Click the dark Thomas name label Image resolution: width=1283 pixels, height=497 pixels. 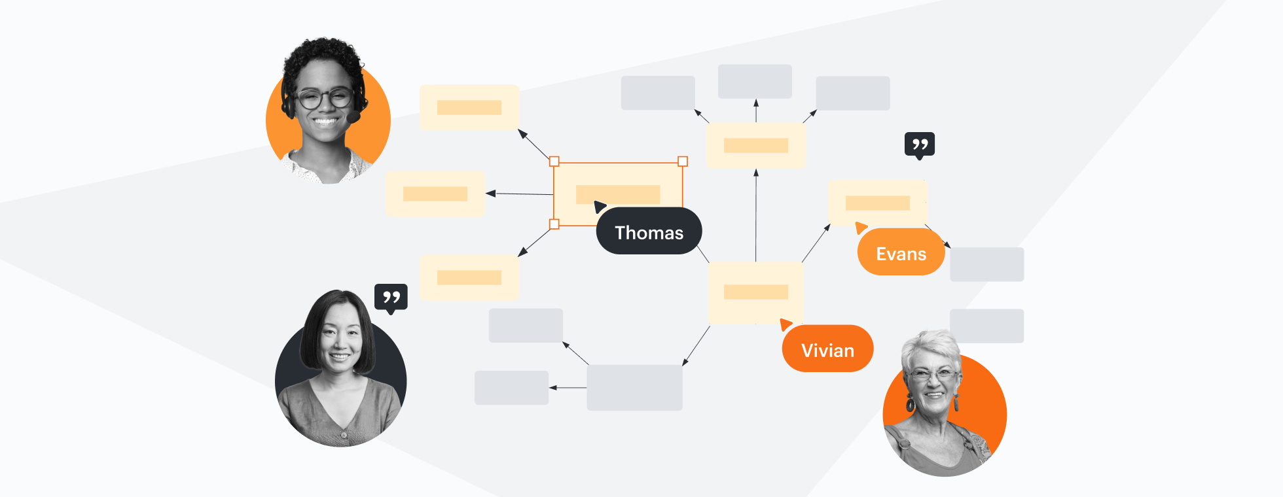[649, 231]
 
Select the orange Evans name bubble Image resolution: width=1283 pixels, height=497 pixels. [901, 253]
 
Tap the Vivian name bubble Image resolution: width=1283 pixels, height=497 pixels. [827, 349]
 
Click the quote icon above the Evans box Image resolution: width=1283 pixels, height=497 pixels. [919, 145]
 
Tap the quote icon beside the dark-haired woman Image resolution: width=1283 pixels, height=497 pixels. [391, 298]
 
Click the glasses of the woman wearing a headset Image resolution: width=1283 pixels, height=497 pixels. [324, 99]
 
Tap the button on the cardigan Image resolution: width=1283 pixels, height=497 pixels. [343, 434]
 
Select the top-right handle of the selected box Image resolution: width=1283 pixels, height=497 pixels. [683, 162]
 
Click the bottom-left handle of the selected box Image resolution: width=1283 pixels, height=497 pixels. [554, 224]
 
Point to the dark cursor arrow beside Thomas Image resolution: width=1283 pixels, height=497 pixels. [599, 207]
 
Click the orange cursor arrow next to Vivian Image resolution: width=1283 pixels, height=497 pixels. [786, 324]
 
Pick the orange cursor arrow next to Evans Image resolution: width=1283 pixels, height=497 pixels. [861, 228]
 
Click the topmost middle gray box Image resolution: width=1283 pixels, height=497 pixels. [755, 82]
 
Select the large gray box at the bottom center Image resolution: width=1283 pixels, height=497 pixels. [634, 388]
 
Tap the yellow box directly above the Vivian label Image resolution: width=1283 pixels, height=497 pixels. [756, 292]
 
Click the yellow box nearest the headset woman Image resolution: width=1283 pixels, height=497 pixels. [469, 107]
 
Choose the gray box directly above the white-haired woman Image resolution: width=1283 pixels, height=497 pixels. [986, 326]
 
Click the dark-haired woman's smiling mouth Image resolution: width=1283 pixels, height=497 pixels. [339, 356]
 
